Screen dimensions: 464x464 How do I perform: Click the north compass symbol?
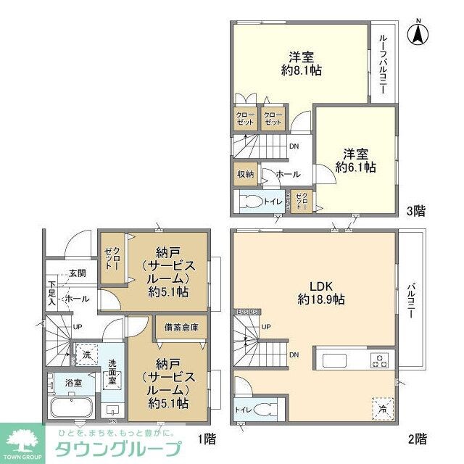[418, 33]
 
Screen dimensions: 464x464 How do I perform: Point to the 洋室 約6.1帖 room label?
[355, 160]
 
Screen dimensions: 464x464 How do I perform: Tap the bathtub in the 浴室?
[68, 407]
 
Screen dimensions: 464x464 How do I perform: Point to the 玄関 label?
[78, 273]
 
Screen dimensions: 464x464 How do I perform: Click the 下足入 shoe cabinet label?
[52, 291]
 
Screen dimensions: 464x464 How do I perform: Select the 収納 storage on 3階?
[244, 174]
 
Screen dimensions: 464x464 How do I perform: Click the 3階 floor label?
[415, 211]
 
